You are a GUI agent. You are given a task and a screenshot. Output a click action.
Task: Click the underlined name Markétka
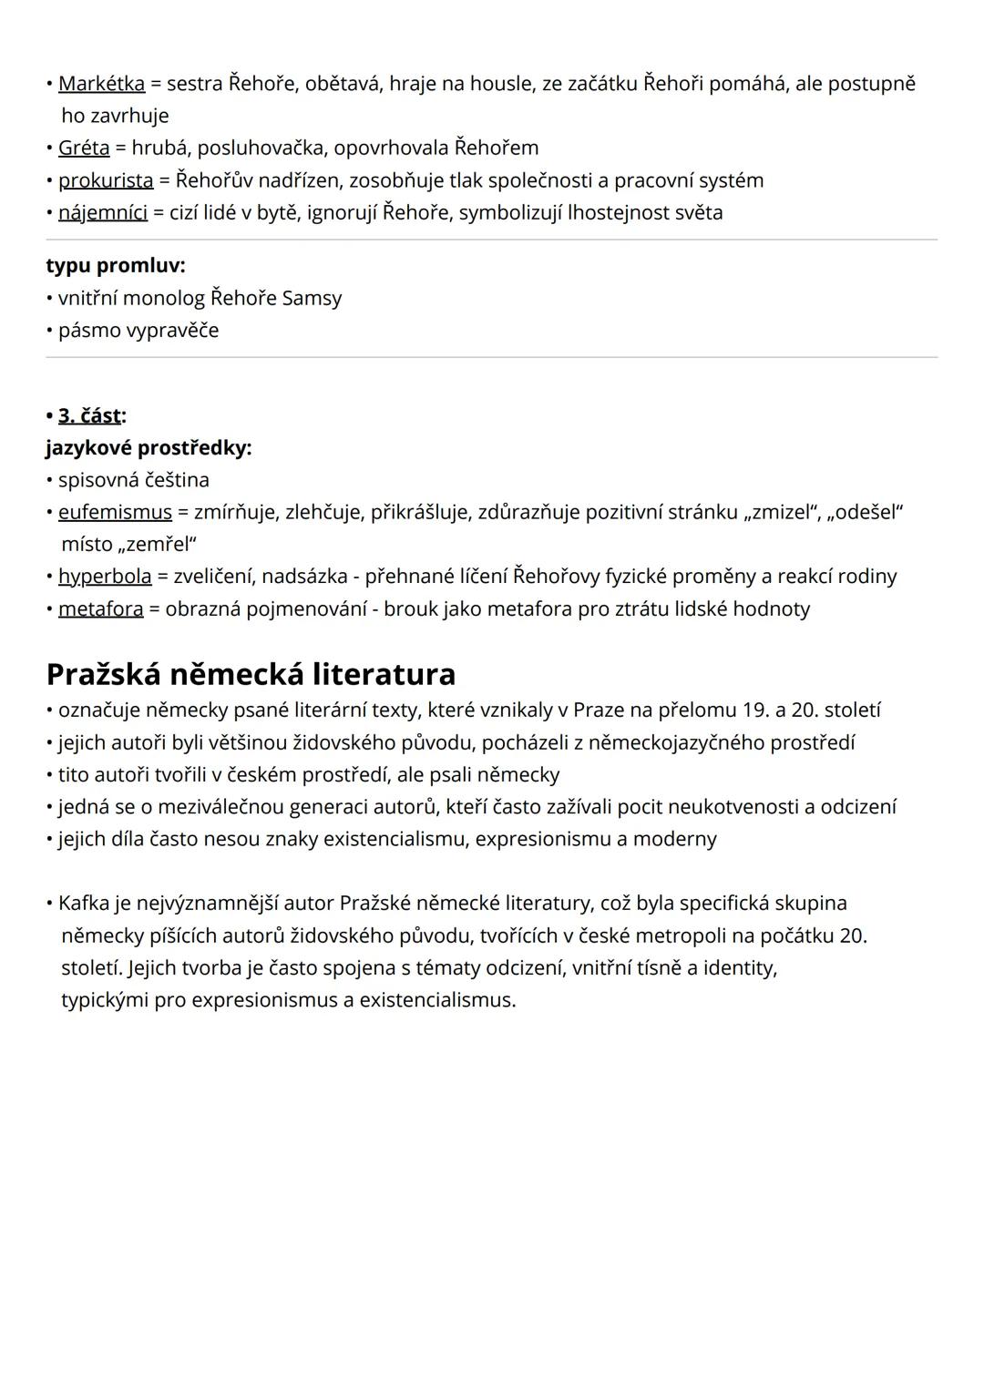point(101,84)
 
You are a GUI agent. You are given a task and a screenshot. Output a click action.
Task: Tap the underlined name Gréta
point(84,148)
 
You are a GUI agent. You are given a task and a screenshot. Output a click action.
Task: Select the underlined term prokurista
point(106,180)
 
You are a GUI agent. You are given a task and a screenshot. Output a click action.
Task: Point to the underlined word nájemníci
point(103,212)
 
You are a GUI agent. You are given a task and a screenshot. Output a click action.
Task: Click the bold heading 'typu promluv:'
point(116,266)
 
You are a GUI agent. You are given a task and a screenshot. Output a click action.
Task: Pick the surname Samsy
point(312,298)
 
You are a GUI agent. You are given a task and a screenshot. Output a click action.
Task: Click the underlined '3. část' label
point(89,415)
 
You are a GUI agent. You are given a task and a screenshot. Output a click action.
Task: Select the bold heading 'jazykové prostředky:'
point(149,448)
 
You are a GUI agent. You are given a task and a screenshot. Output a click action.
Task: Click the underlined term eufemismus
point(115,512)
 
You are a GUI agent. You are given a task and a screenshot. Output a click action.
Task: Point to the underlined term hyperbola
point(105,577)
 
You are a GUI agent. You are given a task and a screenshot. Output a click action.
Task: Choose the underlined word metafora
point(101,608)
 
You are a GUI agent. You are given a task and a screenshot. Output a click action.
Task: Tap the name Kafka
point(84,903)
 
